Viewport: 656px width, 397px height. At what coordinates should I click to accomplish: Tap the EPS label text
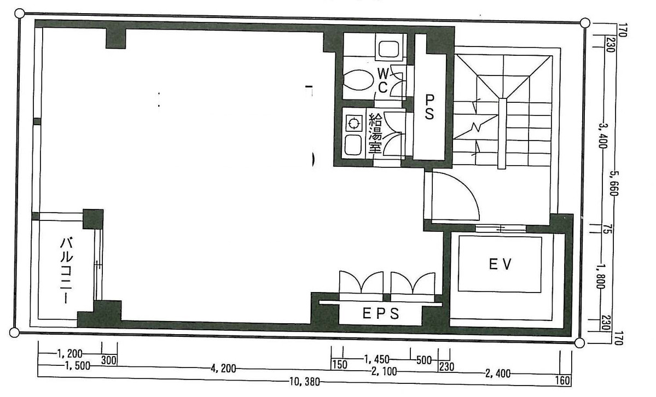[381, 313]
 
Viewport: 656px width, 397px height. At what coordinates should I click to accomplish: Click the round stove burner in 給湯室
[353, 124]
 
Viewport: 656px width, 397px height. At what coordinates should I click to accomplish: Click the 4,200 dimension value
[222, 369]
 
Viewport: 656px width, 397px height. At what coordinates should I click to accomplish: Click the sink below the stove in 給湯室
[353, 145]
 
